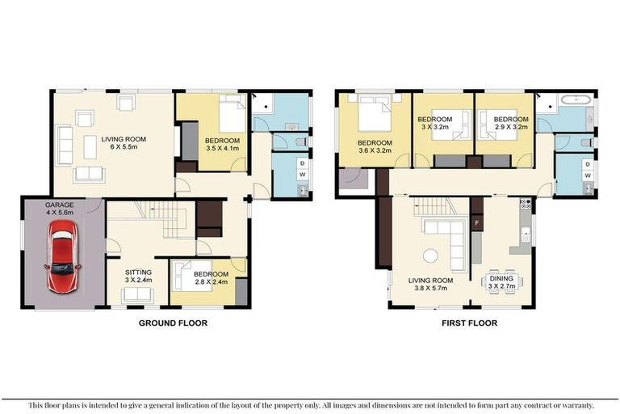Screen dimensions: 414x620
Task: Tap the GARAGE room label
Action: coord(60,206)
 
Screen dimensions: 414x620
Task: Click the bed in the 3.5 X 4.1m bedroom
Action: coord(229,118)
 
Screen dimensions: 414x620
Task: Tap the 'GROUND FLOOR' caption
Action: coord(173,323)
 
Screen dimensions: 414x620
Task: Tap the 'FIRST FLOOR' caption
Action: coord(468,323)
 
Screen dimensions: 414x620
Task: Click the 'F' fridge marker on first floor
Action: coord(477,222)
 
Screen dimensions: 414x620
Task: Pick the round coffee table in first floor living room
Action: coord(429,256)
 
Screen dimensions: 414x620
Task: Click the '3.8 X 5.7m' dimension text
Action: coord(429,289)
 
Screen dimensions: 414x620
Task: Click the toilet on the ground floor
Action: coord(301,142)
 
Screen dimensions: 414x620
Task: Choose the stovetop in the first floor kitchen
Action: coord(523,203)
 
